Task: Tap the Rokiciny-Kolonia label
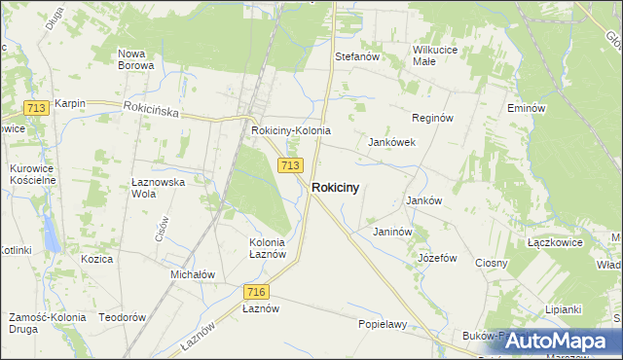[291, 130]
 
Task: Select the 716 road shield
[256, 292]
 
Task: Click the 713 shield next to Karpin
[38, 108]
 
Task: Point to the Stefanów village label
[356, 57]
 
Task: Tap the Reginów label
[433, 118]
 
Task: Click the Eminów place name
[525, 108]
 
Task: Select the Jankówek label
[392, 142]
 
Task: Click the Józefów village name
[437, 258]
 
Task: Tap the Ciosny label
[493, 263]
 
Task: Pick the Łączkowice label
[554, 242]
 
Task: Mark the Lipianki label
[563, 309]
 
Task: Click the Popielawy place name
[382, 324]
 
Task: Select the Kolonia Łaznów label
[267, 248]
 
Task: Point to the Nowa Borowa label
[135, 59]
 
